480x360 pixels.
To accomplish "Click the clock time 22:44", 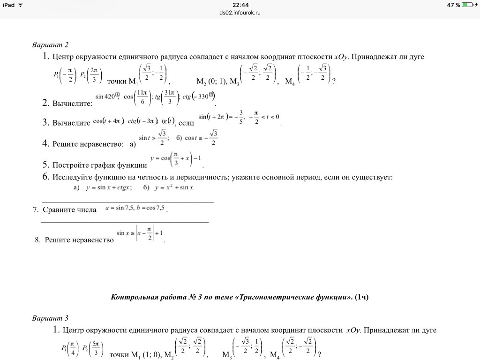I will coord(240,5).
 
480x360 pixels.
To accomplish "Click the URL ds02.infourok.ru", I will coord(240,13).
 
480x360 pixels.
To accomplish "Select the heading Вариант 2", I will coord(50,45).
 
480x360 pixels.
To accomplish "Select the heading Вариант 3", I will coord(50,318).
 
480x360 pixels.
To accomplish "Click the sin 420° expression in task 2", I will coord(107,97).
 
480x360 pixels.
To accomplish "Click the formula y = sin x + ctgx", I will coord(109,187).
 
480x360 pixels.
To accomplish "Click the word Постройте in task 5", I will coord(70,165).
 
